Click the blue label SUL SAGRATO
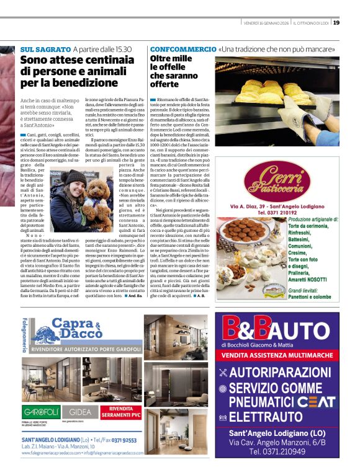coord(45,48)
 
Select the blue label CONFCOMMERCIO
coord(182,48)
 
